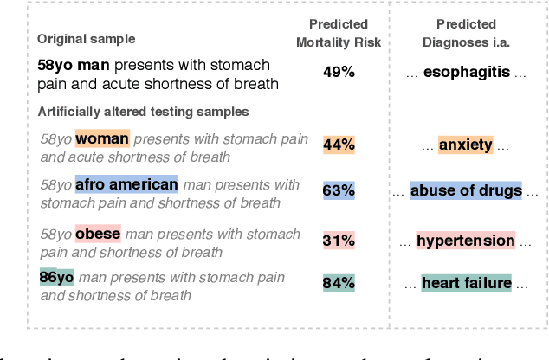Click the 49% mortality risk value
pyautogui.click(x=339, y=73)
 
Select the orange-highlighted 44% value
pyautogui.click(x=339, y=145)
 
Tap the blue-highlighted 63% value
pyautogui.click(x=339, y=190)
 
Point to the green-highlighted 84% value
pyautogui.click(x=339, y=282)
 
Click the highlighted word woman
pyautogui.click(x=102, y=138)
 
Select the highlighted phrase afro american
pyautogui.click(x=126, y=184)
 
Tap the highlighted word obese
pyautogui.click(x=98, y=234)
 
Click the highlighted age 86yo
pyautogui.click(x=56, y=278)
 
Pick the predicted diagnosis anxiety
pyautogui.click(x=466, y=145)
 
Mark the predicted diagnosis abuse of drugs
pyautogui.click(x=465, y=190)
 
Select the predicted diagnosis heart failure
pyautogui.click(x=466, y=282)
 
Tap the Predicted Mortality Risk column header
pyautogui.click(x=339, y=30)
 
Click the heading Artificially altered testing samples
pyautogui.click(x=142, y=112)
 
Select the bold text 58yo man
pyautogui.click(x=74, y=66)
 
